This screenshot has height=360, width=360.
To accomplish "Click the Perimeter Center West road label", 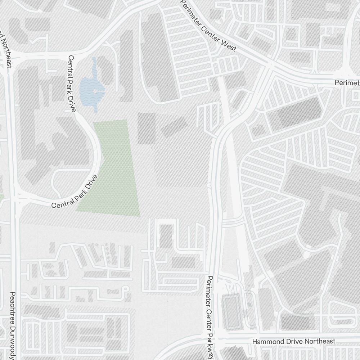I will (x=208, y=26).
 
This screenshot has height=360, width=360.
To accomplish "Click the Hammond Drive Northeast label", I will (x=294, y=341).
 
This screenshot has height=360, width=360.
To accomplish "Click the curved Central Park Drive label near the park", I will (x=75, y=192).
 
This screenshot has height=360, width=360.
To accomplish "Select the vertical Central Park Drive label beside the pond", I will (x=71, y=83).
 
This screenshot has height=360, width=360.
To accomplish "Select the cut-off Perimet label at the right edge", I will (x=347, y=83).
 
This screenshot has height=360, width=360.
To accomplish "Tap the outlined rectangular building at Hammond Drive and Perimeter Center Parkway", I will (x=231, y=311).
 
